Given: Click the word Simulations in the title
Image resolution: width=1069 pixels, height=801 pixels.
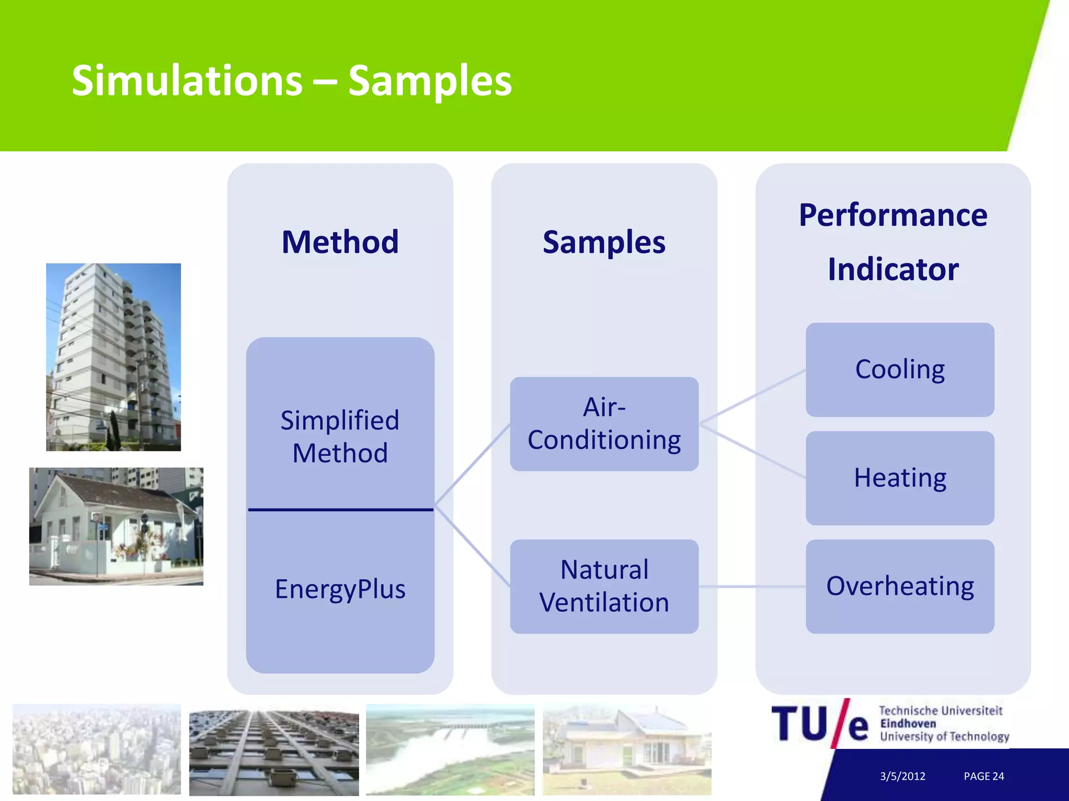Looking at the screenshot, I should tap(187, 81).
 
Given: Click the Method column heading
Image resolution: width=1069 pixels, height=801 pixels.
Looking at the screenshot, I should tap(340, 242).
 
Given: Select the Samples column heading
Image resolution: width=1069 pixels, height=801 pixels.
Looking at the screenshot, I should tap(604, 242).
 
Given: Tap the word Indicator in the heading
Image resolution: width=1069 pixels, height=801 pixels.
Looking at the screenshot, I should tap(893, 270).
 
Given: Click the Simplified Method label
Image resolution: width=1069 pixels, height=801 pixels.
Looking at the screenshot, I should tap(340, 436).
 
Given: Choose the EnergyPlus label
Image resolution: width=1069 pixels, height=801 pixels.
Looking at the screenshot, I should tap(340, 589).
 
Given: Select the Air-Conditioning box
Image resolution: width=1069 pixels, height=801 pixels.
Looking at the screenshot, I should tap(604, 423).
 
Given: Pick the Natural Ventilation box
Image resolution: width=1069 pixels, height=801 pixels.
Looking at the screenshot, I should tap(604, 586).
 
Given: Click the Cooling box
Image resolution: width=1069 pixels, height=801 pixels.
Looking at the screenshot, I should tap(899, 369).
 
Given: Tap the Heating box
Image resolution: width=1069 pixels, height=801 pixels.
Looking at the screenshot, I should tap(899, 478).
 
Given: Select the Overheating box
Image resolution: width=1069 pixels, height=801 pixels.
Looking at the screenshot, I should tap(899, 586).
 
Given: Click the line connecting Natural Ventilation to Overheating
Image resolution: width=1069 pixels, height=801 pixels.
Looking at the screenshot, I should tap(752, 587).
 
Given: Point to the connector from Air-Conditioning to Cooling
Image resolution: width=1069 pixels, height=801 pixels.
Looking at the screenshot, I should tap(752, 396).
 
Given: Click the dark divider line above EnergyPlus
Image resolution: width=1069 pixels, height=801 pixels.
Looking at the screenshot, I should tap(340, 509).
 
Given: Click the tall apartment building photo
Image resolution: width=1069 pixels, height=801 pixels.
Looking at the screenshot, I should tap(113, 357).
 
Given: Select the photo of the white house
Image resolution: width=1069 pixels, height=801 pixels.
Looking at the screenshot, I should tap(116, 526).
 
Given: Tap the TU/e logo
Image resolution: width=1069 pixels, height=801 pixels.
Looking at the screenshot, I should tap(819, 724).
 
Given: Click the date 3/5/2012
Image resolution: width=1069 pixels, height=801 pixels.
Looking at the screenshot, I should tap(902, 776).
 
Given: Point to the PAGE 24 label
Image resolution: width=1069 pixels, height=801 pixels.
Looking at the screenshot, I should tap(983, 776).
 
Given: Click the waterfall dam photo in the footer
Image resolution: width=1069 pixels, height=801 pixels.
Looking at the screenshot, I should tap(450, 749).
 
